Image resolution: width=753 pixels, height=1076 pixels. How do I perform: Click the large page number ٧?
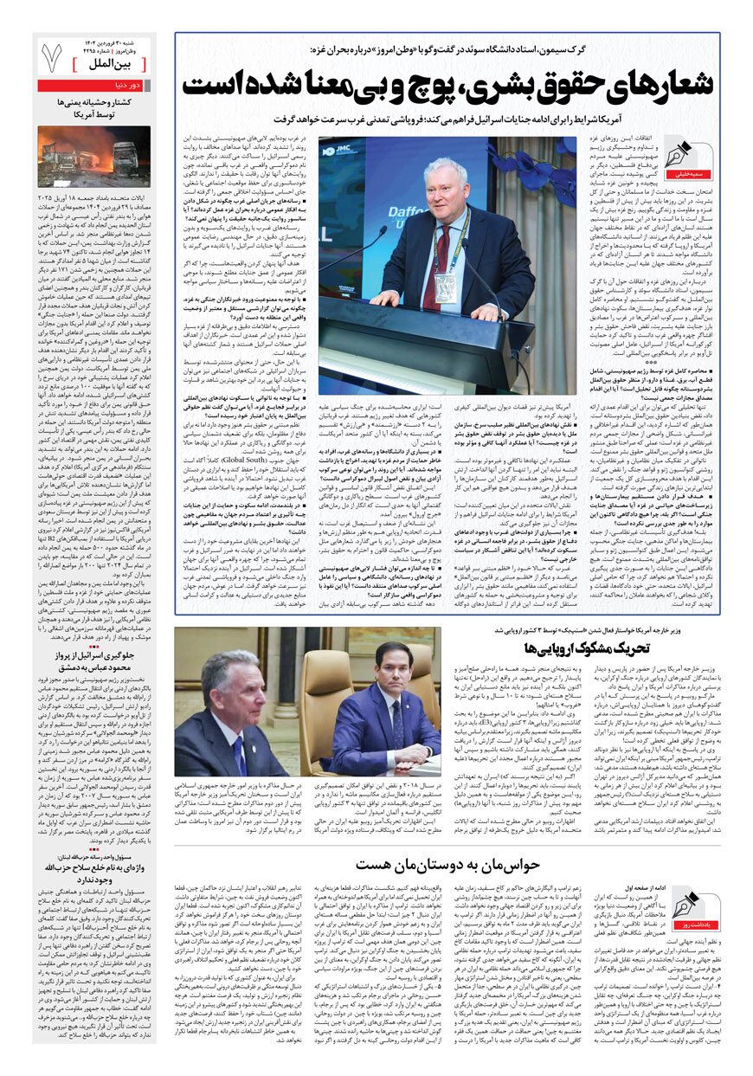[51, 57]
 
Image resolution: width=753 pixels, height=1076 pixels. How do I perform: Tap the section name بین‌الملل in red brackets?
[116, 65]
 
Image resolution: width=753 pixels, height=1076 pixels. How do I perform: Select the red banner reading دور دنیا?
[93, 86]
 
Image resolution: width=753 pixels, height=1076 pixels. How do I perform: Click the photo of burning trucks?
[93, 156]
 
